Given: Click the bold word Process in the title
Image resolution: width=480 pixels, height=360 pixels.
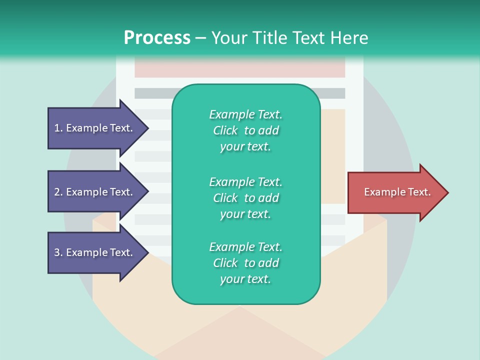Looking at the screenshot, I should point(157,38).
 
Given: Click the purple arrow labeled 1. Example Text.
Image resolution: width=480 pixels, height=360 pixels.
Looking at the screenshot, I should point(95,128).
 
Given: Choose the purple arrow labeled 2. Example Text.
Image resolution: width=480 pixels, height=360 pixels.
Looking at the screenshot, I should point(95,192).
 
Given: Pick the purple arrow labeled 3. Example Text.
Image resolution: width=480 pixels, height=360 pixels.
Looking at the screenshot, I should point(95,252).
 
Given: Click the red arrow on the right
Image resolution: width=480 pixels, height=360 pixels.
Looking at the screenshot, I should point(395,192).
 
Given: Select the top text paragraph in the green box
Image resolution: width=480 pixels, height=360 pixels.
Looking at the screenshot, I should point(245,130).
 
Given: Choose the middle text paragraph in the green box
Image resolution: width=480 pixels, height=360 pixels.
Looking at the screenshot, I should point(245,198).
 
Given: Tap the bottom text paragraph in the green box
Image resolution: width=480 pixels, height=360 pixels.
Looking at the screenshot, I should point(245,263).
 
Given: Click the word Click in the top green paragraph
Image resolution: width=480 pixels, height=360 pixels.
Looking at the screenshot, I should point(225,130).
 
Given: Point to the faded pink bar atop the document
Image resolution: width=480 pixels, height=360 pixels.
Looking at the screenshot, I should point(240,67).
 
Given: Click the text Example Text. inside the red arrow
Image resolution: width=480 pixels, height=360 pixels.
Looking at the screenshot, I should point(397,192).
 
